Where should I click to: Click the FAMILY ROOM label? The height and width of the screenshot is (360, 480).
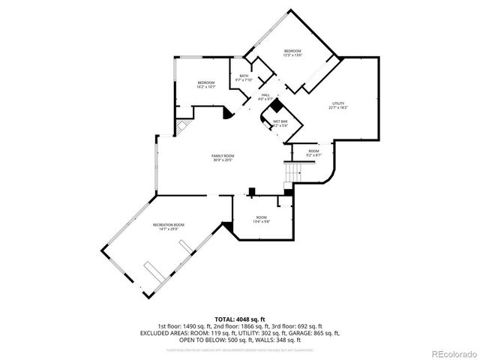coord(223,155)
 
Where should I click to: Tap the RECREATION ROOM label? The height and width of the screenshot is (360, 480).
coord(169,225)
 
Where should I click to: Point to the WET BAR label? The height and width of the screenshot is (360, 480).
coord(280,121)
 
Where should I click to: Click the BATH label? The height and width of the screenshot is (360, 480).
coord(244,76)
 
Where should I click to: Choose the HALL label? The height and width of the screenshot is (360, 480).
coord(265,94)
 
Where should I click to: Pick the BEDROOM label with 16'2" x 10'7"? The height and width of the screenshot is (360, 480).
coord(206,82)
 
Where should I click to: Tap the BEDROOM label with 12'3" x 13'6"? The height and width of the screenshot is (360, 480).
coord(292,51)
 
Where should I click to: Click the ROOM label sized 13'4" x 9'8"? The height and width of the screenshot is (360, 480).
coord(261,217)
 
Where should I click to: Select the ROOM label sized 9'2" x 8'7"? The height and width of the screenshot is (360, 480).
coord(313,151)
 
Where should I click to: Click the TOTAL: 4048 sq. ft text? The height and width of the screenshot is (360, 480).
coord(240,318)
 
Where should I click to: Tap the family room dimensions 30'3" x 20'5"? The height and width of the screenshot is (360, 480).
coord(223,160)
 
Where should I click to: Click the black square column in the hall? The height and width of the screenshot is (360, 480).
coord(275,105)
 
